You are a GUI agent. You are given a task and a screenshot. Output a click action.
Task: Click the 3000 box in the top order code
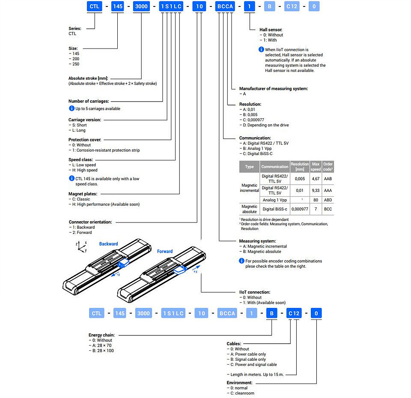[141, 6]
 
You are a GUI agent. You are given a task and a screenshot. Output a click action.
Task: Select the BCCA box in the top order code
[225, 6]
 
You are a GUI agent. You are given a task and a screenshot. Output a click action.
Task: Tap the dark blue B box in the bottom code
[272, 313]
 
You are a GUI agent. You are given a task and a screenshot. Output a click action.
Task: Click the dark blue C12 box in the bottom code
[294, 313]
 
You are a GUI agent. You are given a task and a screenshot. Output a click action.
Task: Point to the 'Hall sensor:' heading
[271, 30]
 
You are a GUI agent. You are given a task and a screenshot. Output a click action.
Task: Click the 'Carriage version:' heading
[85, 120]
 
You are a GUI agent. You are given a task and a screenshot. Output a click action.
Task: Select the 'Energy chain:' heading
[101, 335]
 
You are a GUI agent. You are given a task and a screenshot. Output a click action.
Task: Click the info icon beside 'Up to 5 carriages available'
[71, 108]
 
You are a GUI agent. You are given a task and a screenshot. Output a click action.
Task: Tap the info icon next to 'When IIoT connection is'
[261, 49]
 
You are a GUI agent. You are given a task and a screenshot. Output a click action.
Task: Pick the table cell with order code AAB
[328, 179]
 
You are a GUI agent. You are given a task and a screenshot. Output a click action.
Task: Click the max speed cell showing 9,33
[316, 191]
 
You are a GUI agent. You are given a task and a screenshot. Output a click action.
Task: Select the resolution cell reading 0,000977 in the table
[300, 209]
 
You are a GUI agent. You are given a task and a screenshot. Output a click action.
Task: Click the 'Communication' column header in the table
[275, 167]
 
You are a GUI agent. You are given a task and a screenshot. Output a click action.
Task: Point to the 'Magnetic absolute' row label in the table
[249, 209]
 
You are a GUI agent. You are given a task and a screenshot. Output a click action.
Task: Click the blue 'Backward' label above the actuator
[108, 244]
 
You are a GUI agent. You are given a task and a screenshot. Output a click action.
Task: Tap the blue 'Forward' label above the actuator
[165, 251]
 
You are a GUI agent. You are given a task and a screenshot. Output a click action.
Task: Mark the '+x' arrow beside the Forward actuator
[196, 269]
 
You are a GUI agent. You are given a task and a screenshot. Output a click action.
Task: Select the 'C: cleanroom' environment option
[241, 393]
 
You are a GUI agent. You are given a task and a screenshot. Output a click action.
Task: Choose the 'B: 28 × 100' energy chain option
[101, 350]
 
